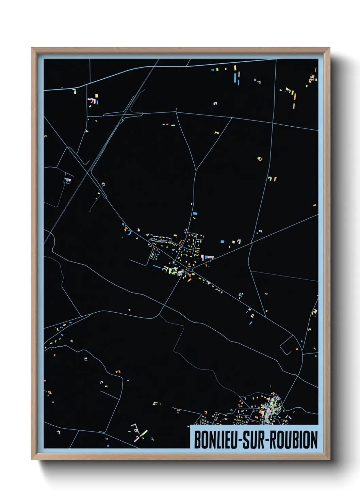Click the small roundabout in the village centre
(x=191, y=270)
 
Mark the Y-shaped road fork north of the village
(x=196, y=170)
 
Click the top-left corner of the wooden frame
(x=32, y=48)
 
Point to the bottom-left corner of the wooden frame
(x=32, y=459)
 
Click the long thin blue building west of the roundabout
(x=157, y=267)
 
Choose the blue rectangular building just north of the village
(x=195, y=214)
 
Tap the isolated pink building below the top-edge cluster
(x=215, y=103)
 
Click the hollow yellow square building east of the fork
(x=260, y=159)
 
